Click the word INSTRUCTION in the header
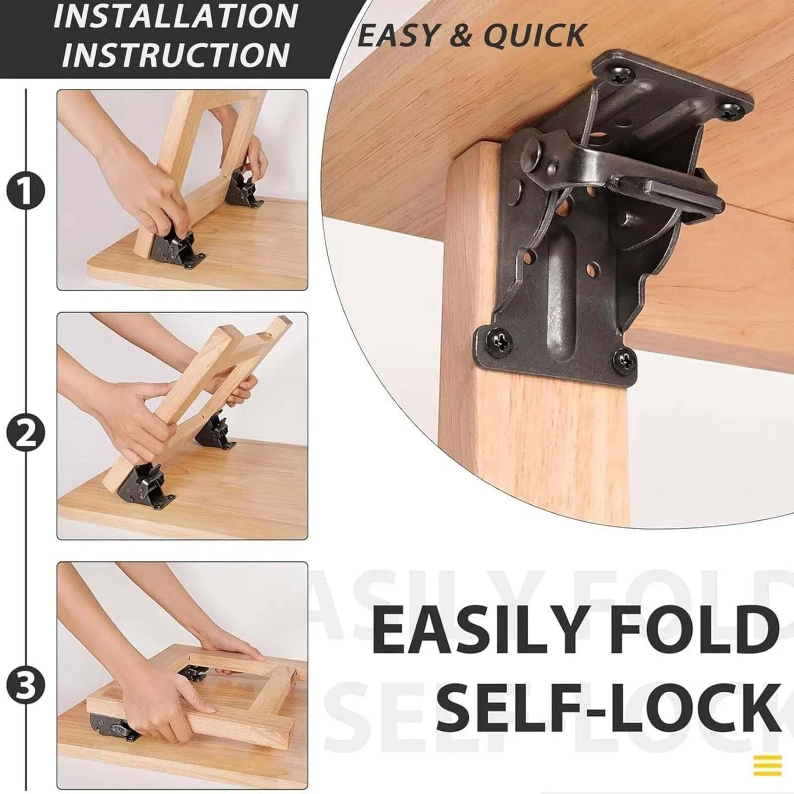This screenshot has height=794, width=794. (x=176, y=54)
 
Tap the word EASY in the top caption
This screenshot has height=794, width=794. (x=396, y=36)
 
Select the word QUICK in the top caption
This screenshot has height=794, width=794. (x=534, y=36)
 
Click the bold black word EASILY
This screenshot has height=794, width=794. (x=478, y=628)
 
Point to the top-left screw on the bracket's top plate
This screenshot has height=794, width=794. (x=614, y=77)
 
